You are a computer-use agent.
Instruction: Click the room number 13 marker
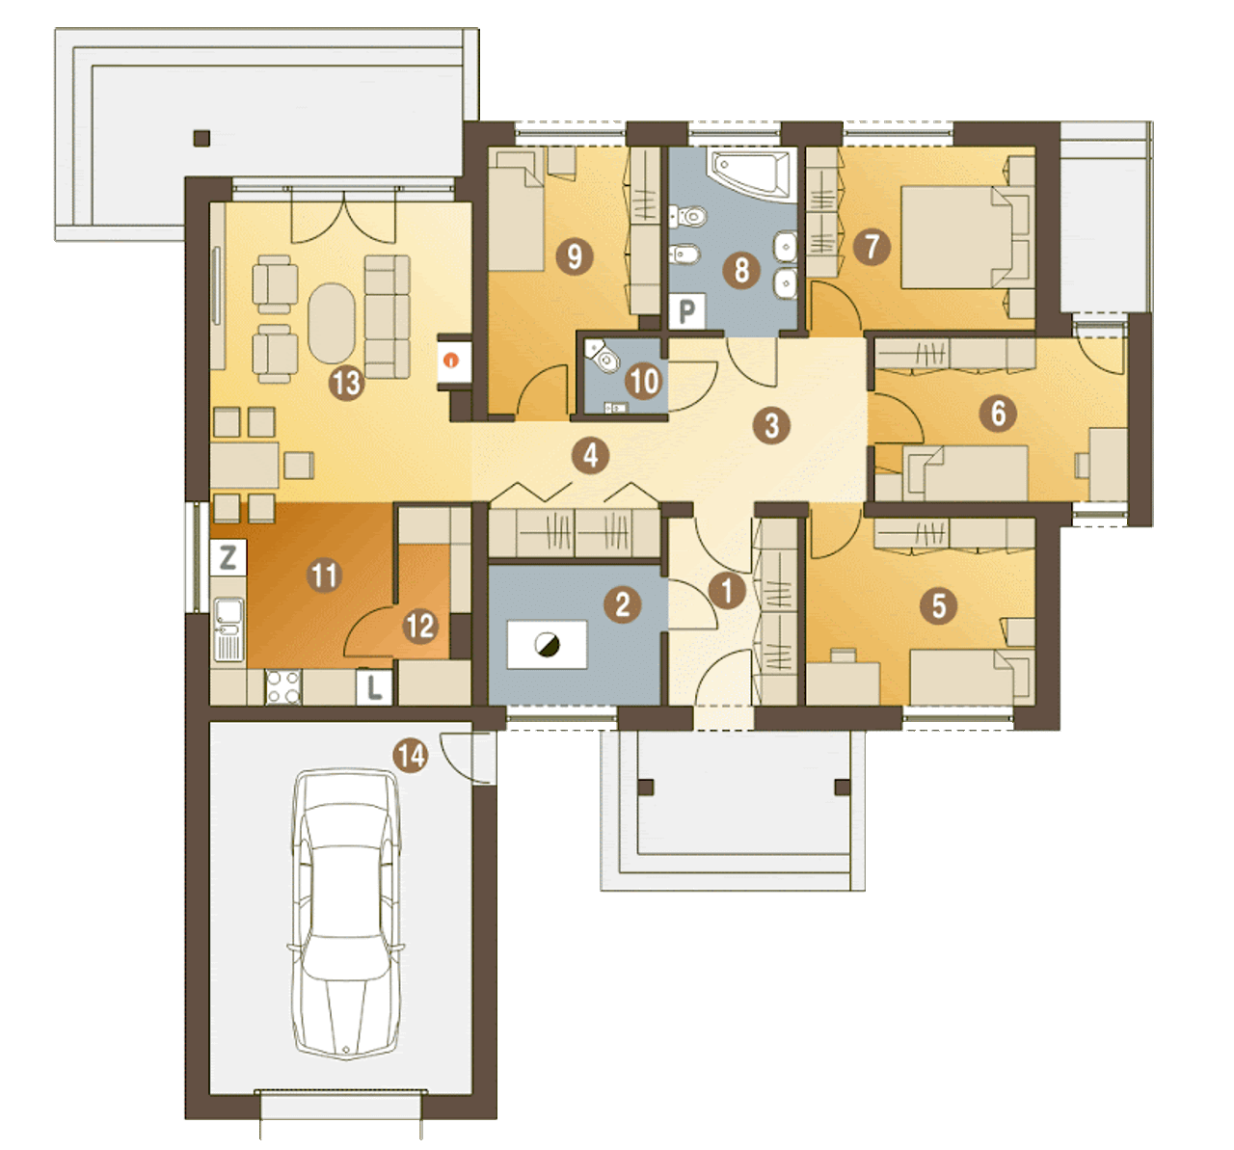point(347,382)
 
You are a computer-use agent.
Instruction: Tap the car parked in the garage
point(346,913)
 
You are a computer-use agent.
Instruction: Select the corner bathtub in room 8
point(753,174)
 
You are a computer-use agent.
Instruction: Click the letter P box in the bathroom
point(686,310)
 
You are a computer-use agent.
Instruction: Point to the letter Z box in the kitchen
point(228,557)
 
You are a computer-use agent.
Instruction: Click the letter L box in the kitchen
point(374,687)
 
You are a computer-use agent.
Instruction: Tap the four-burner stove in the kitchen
point(283,687)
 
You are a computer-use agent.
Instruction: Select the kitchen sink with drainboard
point(228,628)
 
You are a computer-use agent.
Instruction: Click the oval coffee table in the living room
point(332,323)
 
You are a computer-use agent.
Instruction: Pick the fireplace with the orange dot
point(453,361)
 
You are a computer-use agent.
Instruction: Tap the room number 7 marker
point(872,247)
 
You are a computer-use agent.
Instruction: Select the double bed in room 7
point(966,237)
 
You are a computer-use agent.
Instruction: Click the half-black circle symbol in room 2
point(547,645)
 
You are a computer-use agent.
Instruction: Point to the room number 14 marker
point(411,756)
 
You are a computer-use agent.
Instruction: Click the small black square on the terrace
point(201,138)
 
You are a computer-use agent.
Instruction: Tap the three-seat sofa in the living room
point(388,317)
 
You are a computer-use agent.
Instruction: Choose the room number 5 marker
point(939,605)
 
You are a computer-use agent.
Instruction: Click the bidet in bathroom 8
point(684,254)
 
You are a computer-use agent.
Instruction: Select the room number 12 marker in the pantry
point(420,627)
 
